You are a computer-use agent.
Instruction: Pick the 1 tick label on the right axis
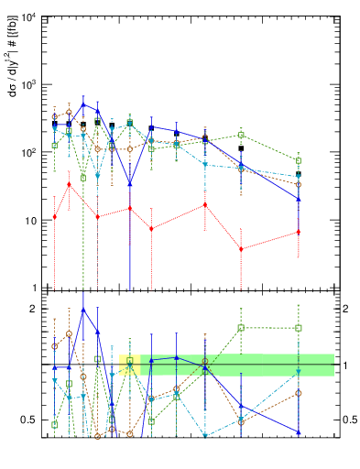click(x=346, y=365)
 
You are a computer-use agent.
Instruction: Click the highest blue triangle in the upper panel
click(x=83, y=104)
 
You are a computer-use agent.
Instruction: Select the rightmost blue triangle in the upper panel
click(x=299, y=199)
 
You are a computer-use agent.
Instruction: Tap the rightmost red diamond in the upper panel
click(x=299, y=232)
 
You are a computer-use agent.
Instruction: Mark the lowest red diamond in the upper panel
click(x=241, y=249)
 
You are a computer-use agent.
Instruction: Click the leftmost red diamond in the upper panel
click(x=55, y=217)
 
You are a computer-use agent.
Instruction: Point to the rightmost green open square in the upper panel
click(x=299, y=160)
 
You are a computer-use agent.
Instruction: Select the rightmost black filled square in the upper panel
click(x=299, y=174)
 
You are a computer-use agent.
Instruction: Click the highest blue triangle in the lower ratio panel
click(x=83, y=310)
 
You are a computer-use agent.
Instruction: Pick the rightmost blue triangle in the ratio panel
click(x=299, y=431)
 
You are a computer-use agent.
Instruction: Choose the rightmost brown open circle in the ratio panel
click(x=299, y=393)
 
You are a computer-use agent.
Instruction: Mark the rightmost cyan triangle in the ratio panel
click(x=299, y=372)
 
